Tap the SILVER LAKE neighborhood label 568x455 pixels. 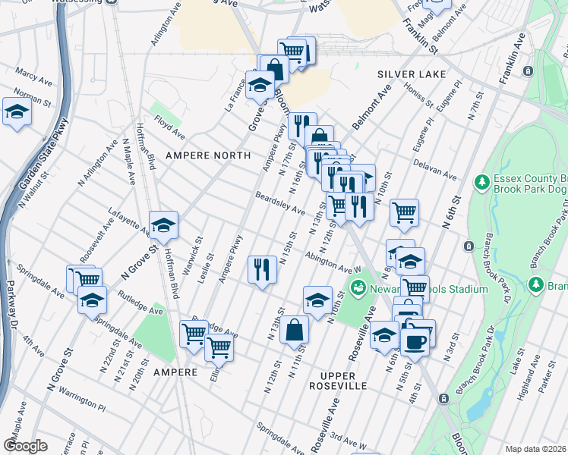(x=411, y=74)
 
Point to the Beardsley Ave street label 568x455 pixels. (x=279, y=202)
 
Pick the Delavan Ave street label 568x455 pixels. (x=435, y=169)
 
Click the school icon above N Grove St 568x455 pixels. (x=163, y=224)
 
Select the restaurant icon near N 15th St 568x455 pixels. (x=260, y=268)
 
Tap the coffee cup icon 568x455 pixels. (x=414, y=340)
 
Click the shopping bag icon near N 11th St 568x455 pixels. (x=294, y=330)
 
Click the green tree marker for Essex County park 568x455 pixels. (x=481, y=182)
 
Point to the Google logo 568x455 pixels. (x=25, y=446)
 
